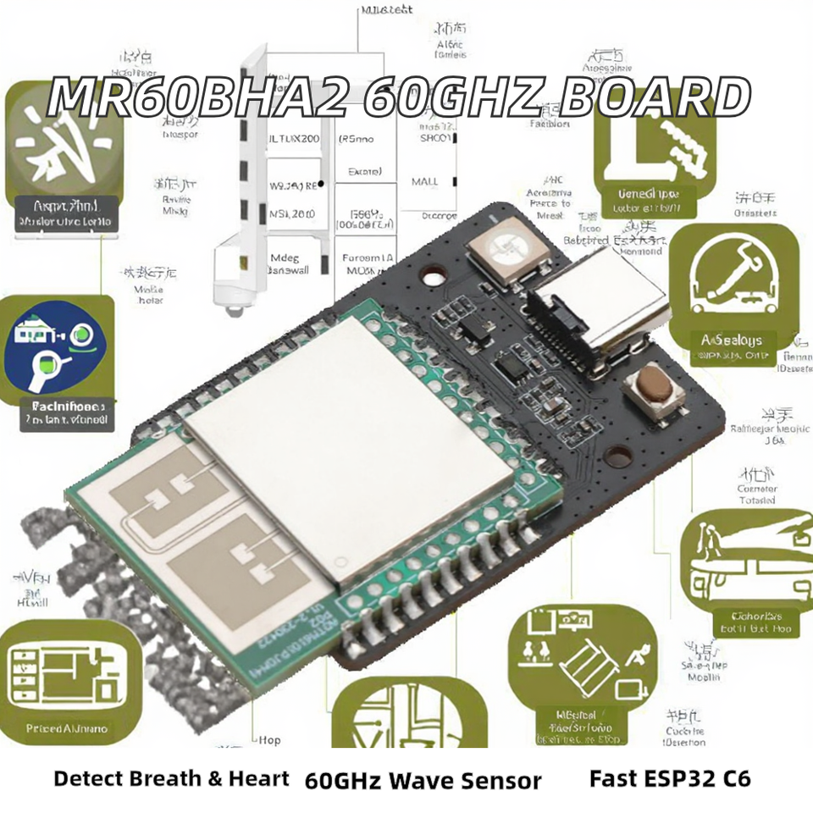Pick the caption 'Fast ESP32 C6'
tap(669, 777)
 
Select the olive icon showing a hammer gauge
tap(730, 292)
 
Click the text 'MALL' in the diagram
tap(425, 181)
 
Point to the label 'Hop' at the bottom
tap(269, 739)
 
